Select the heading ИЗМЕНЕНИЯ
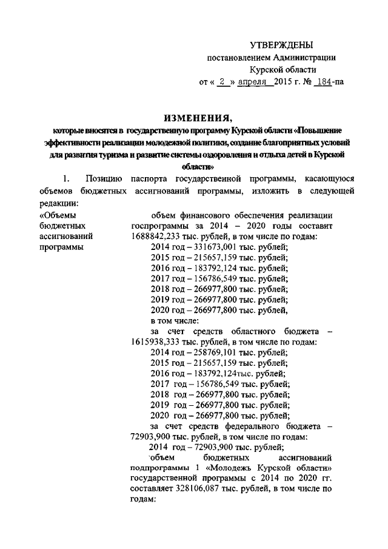tap(193, 117)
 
